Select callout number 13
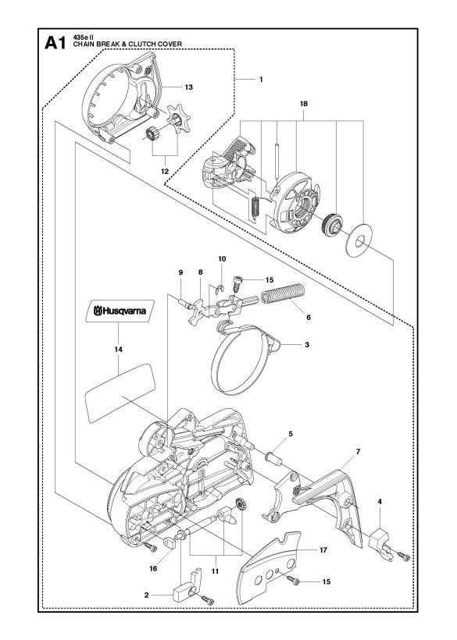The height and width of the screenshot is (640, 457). tap(187, 87)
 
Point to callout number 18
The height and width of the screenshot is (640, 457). tap(302, 101)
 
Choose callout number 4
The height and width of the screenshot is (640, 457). tap(379, 501)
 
